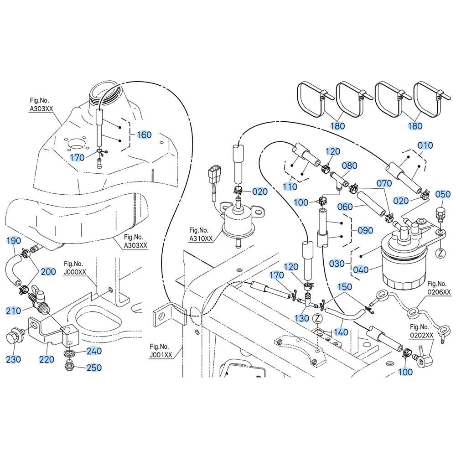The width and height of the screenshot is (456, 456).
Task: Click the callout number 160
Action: tap(144, 135)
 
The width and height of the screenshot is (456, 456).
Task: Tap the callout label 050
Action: tap(442, 194)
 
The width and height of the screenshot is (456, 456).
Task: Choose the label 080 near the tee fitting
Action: tap(349, 165)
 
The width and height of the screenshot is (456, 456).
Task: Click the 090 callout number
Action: tap(365, 231)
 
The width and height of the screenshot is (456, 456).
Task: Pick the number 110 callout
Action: tap(290, 187)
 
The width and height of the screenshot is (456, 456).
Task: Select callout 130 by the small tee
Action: tap(302, 318)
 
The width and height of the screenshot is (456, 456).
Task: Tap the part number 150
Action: tap(345, 287)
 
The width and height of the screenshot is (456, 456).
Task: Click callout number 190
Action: tap(14, 240)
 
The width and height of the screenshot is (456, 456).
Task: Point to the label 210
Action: tap(14, 311)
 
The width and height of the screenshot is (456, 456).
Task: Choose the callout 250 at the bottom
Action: tap(94, 368)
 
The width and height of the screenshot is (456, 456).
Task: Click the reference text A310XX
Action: tap(201, 238)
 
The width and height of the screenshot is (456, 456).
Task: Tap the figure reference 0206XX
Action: tap(439, 291)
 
